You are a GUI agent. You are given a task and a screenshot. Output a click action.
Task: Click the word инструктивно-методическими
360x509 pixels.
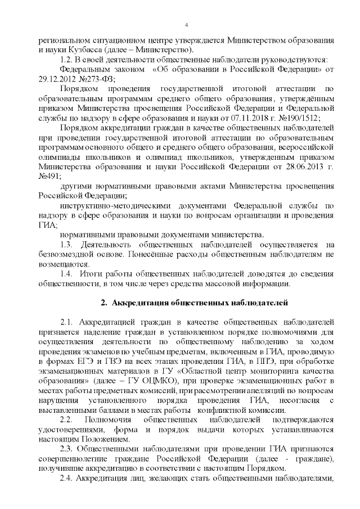109,205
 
